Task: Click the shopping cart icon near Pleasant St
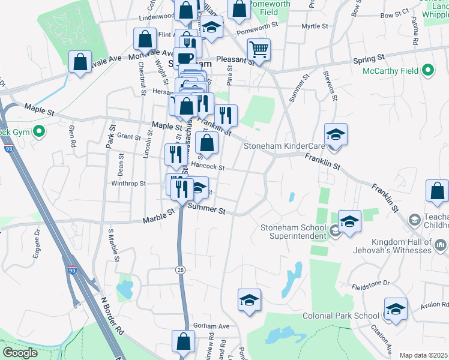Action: [259, 49]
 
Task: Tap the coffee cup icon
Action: [185, 58]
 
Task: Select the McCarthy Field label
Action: [392, 71]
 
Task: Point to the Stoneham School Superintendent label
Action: [294, 231]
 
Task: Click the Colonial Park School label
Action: [340, 316]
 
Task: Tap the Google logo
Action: [20, 352]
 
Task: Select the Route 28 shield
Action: [181, 271]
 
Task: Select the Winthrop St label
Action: [128, 184]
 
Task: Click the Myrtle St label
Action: [315, 26]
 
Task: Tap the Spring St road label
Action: [369, 59]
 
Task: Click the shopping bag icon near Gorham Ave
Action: [182, 341]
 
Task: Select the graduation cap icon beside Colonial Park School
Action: [396, 310]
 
